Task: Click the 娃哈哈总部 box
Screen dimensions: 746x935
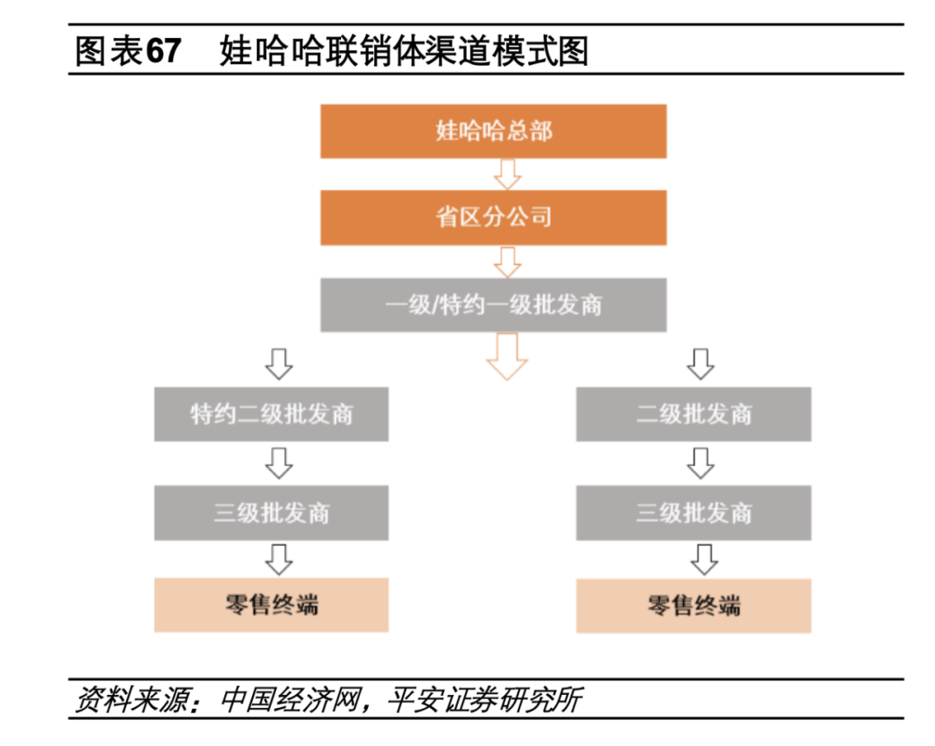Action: point(493,132)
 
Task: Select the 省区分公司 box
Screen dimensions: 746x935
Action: point(493,217)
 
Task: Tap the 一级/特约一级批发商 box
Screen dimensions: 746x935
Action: point(493,305)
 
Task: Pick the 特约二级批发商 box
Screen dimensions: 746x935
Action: point(272,414)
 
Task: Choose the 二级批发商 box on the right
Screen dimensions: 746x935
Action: point(693,414)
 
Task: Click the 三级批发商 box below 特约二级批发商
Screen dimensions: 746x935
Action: point(272,512)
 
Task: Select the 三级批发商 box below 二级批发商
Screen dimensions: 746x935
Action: point(693,512)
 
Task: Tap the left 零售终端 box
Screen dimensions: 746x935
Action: point(272,605)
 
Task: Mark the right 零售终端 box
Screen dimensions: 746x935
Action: point(693,605)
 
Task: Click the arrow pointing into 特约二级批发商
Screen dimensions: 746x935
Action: point(278,363)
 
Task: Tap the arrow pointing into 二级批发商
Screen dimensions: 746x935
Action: point(700,363)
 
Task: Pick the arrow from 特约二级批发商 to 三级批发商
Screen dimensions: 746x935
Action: point(278,463)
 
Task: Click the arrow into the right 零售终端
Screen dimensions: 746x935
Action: point(700,559)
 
